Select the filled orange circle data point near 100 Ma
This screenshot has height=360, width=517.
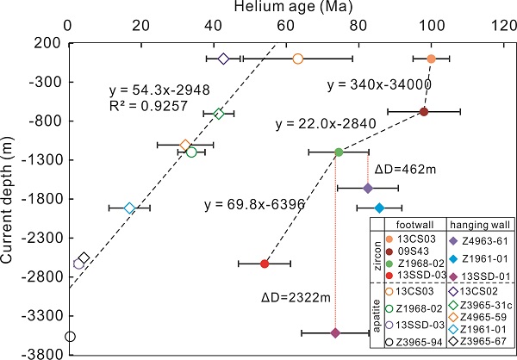[432, 59]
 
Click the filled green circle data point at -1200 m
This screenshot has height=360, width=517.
[339, 152]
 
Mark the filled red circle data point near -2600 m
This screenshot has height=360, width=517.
[265, 264]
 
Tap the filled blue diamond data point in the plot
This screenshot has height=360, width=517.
[379, 208]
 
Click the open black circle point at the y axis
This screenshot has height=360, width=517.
[70, 337]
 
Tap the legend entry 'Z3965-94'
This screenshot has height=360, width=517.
[413, 341]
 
